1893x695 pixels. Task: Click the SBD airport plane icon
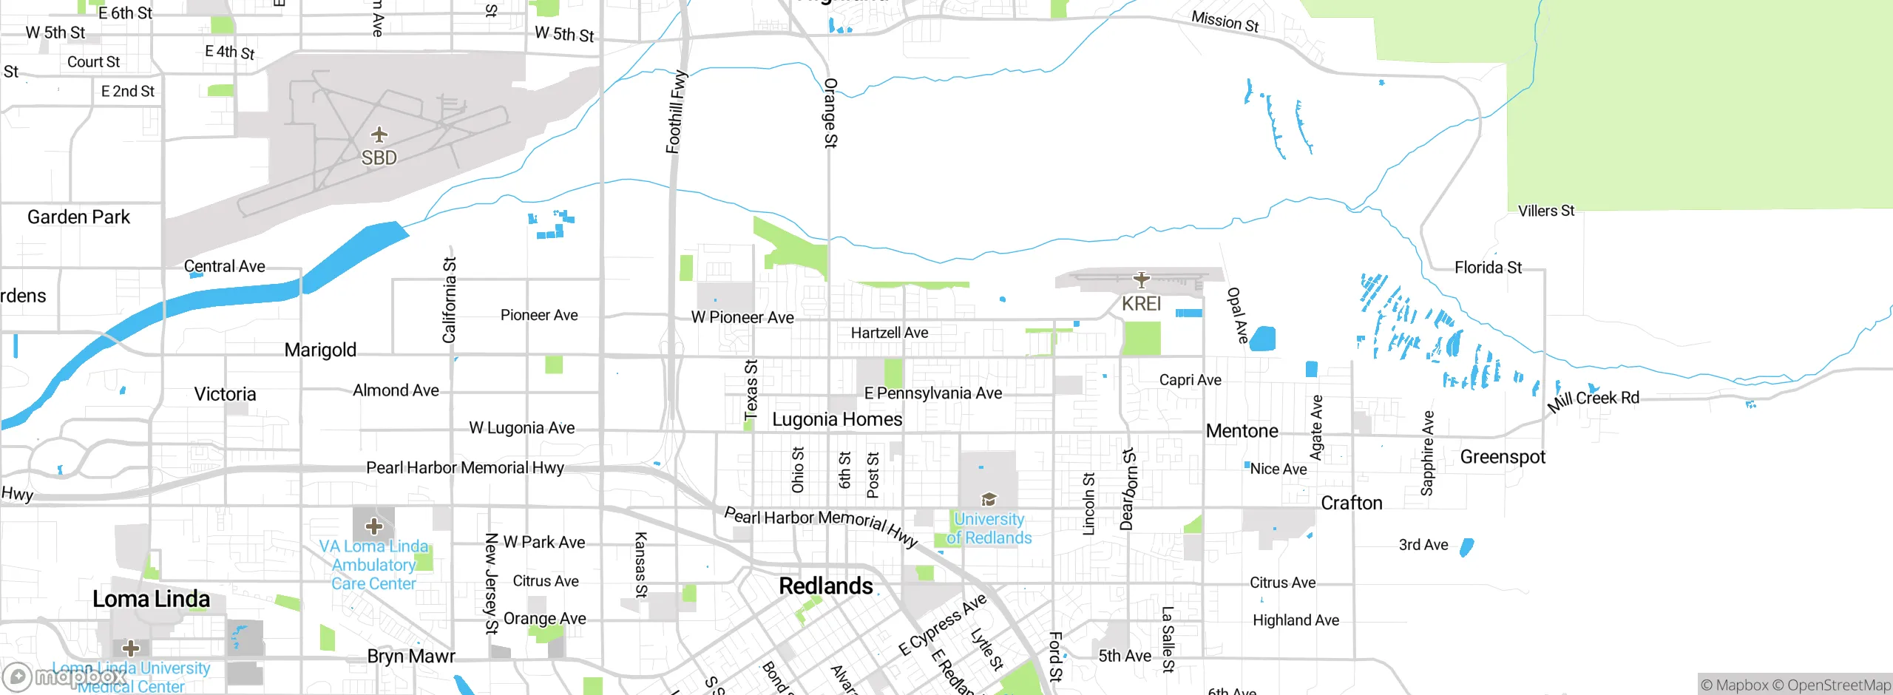[x=379, y=135]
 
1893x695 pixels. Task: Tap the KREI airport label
[x=1141, y=304]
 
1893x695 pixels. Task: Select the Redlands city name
[x=826, y=586]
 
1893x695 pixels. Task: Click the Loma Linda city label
[x=151, y=599]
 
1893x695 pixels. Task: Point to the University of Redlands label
[x=989, y=529]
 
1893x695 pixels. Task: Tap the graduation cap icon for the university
[x=989, y=499]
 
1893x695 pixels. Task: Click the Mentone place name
[x=1242, y=431]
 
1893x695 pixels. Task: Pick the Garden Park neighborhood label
[x=78, y=217]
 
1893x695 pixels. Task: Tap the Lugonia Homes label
[x=836, y=420]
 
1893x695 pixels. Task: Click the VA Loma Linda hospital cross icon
[x=373, y=526]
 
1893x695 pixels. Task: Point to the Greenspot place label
[x=1502, y=457]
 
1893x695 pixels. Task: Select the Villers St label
[x=1545, y=211]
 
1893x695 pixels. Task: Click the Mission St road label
[x=1225, y=21]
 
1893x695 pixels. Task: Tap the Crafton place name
[x=1351, y=504]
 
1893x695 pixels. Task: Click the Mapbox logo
[x=63, y=677]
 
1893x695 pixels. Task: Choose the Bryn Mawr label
[x=411, y=657]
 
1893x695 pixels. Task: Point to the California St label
[x=449, y=300]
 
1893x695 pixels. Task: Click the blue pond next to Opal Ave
[x=1263, y=339]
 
